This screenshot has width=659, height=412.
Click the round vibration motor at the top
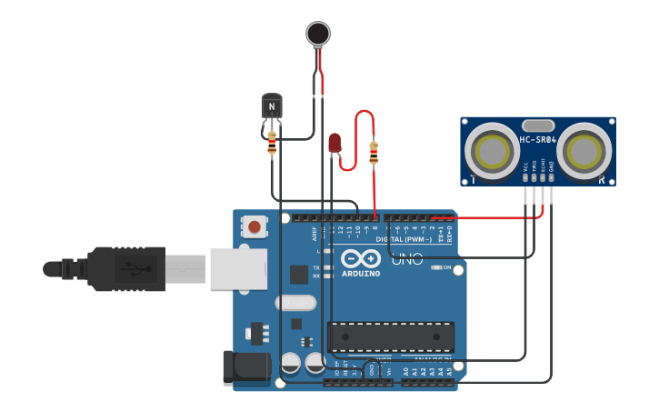pyautogui.click(x=317, y=34)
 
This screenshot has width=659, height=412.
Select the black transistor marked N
pyautogui.click(x=272, y=106)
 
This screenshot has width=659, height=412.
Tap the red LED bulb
pyautogui.click(x=334, y=142)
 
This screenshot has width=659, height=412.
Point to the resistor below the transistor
pyautogui.click(x=272, y=144)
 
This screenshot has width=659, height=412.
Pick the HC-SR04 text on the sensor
pyautogui.click(x=537, y=139)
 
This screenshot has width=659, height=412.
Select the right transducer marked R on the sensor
pyautogui.click(x=583, y=151)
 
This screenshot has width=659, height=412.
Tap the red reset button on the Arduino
pyautogui.click(x=255, y=226)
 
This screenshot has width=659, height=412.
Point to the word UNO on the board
pyautogui.click(x=407, y=260)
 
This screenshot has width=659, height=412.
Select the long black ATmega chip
pyautogui.click(x=390, y=336)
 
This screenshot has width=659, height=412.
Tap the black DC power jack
pyautogui.click(x=245, y=367)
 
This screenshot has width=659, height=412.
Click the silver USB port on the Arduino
pyautogui.click(x=238, y=269)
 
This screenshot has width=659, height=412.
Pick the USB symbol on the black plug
pyautogui.click(x=133, y=269)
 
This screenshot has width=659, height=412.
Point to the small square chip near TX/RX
pyautogui.click(x=298, y=274)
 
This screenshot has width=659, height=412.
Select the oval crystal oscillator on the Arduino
pyautogui.click(x=295, y=303)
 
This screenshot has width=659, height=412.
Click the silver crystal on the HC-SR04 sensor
pyautogui.click(x=538, y=126)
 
